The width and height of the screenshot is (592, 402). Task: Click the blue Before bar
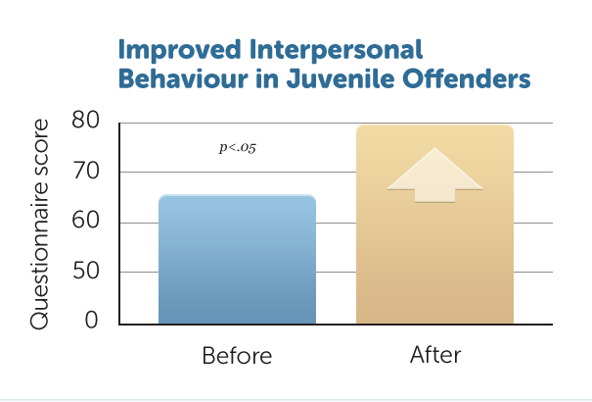point(237,260)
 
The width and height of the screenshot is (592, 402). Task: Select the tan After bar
point(434,225)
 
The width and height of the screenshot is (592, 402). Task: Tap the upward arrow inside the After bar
point(434,176)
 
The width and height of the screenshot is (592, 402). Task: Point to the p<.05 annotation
point(238,147)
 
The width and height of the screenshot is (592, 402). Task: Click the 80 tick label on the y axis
point(86,120)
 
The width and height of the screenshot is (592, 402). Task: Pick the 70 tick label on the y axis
point(86,171)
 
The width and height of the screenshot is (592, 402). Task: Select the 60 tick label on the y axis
point(86,220)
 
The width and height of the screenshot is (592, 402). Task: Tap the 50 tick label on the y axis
point(86,271)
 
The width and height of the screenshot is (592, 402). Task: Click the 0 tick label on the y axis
point(91,320)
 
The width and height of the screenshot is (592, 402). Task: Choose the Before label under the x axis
point(237,356)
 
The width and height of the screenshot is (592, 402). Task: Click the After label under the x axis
point(435,355)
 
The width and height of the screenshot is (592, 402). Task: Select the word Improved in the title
point(179,50)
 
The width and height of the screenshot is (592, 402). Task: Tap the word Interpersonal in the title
point(336,50)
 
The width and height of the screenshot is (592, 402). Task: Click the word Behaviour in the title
point(183,78)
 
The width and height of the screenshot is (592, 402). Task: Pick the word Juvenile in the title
point(341,78)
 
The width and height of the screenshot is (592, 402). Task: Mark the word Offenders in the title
point(467,78)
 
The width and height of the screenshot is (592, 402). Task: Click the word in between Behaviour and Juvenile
point(267,78)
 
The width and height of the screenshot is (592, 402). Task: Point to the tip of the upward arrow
point(434,148)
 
